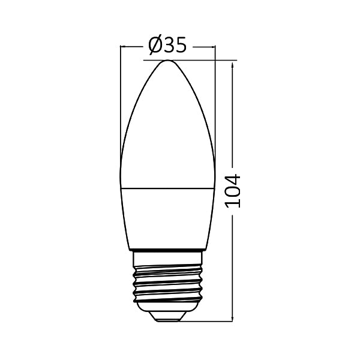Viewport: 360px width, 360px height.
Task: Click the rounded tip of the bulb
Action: coord(167,62)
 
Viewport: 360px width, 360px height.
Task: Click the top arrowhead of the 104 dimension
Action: coord(232,63)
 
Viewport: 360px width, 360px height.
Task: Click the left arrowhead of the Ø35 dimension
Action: coord(122,46)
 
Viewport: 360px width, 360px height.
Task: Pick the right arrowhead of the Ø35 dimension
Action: coord(212,46)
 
